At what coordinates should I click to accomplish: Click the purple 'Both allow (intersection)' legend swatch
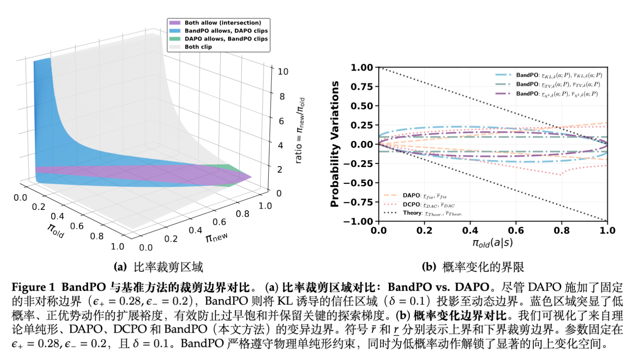[175, 23]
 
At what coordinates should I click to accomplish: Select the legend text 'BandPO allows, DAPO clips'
[226, 31]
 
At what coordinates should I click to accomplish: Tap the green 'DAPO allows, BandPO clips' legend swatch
[175, 39]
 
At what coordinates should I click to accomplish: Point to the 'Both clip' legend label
[198, 47]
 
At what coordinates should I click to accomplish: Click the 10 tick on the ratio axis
[283, 72]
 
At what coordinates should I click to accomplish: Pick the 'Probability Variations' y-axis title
[334, 144]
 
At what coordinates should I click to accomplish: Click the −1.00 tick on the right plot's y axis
[358, 221]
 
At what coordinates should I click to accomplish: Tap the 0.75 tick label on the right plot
[362, 86]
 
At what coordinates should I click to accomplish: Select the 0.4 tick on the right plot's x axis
[470, 230]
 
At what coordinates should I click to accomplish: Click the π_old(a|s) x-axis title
[493, 243]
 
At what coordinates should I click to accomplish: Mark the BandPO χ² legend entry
[546, 94]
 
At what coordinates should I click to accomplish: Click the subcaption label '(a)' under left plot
[120, 267]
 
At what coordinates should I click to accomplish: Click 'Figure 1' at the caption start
[33, 287]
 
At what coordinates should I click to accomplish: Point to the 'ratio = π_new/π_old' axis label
[300, 130]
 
